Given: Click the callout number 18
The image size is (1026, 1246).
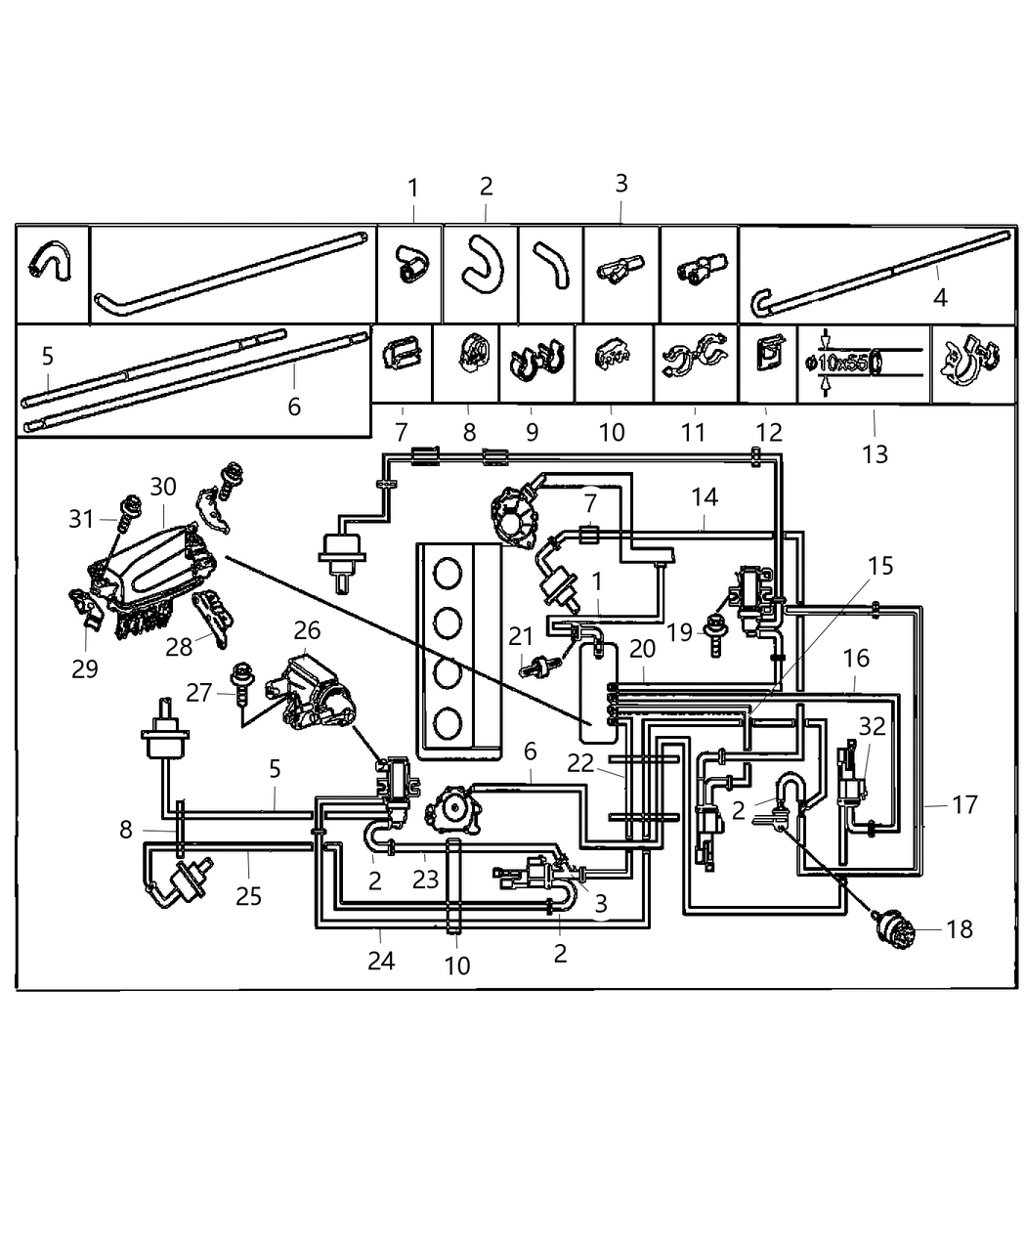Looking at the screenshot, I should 960,928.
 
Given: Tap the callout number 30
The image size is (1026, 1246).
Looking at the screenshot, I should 163,487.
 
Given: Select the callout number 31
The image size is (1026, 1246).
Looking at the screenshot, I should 82,519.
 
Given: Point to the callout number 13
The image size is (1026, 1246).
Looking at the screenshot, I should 876,453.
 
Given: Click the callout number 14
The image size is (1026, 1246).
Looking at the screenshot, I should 705,497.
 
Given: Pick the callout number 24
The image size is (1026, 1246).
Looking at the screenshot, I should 381,961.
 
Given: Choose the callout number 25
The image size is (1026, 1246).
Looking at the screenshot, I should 249,894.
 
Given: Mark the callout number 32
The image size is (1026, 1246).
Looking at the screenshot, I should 872,725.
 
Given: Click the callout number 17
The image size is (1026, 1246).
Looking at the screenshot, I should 964,804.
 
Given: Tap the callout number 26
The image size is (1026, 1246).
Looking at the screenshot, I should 307,630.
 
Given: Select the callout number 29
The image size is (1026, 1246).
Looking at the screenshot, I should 85,668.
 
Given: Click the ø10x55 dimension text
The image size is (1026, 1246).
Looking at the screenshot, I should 836,364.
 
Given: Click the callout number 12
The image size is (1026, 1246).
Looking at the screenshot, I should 769,432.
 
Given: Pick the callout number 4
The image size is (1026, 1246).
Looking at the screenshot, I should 940,296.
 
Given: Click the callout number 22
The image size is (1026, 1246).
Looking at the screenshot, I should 580,762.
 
